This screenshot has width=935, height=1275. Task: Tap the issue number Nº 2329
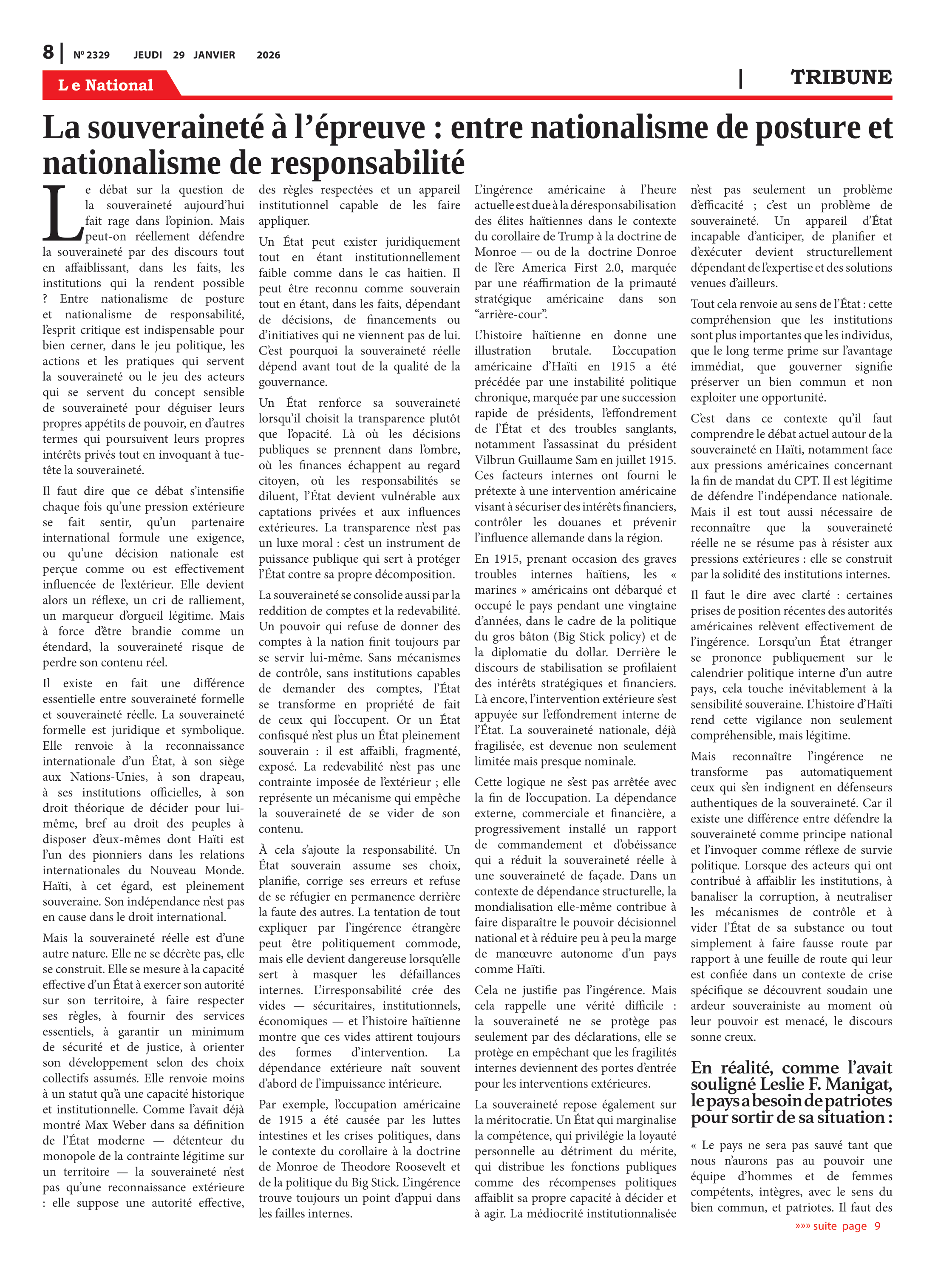pyautogui.click(x=92, y=55)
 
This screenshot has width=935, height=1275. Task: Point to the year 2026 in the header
pyautogui.click(x=268, y=55)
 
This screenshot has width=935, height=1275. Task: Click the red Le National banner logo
pyautogui.click(x=106, y=85)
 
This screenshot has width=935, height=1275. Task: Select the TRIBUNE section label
pyautogui.click(x=841, y=77)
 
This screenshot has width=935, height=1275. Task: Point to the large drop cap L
pyautogui.click(x=62, y=213)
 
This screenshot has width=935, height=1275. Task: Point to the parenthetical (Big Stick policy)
pyautogui.click(x=599, y=636)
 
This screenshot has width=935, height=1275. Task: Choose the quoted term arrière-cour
pyautogui.click(x=510, y=314)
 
